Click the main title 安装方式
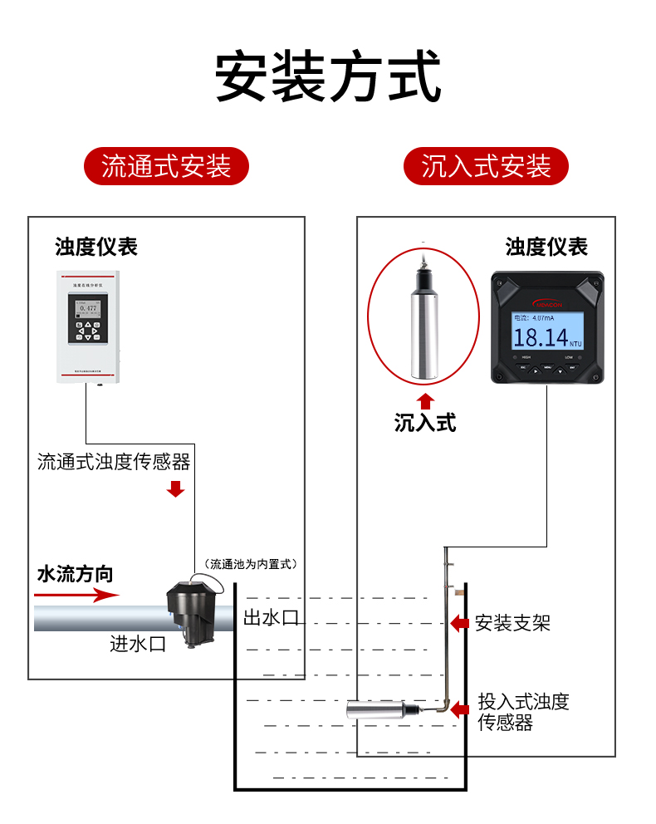328,77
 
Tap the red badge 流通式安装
166,166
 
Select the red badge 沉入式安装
486,166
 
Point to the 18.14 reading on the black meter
541,337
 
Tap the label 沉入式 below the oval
425,423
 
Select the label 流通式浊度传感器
113,462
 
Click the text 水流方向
75,574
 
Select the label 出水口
271,618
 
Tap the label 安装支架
512,622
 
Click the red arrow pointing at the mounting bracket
459,623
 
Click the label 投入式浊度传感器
523,712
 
